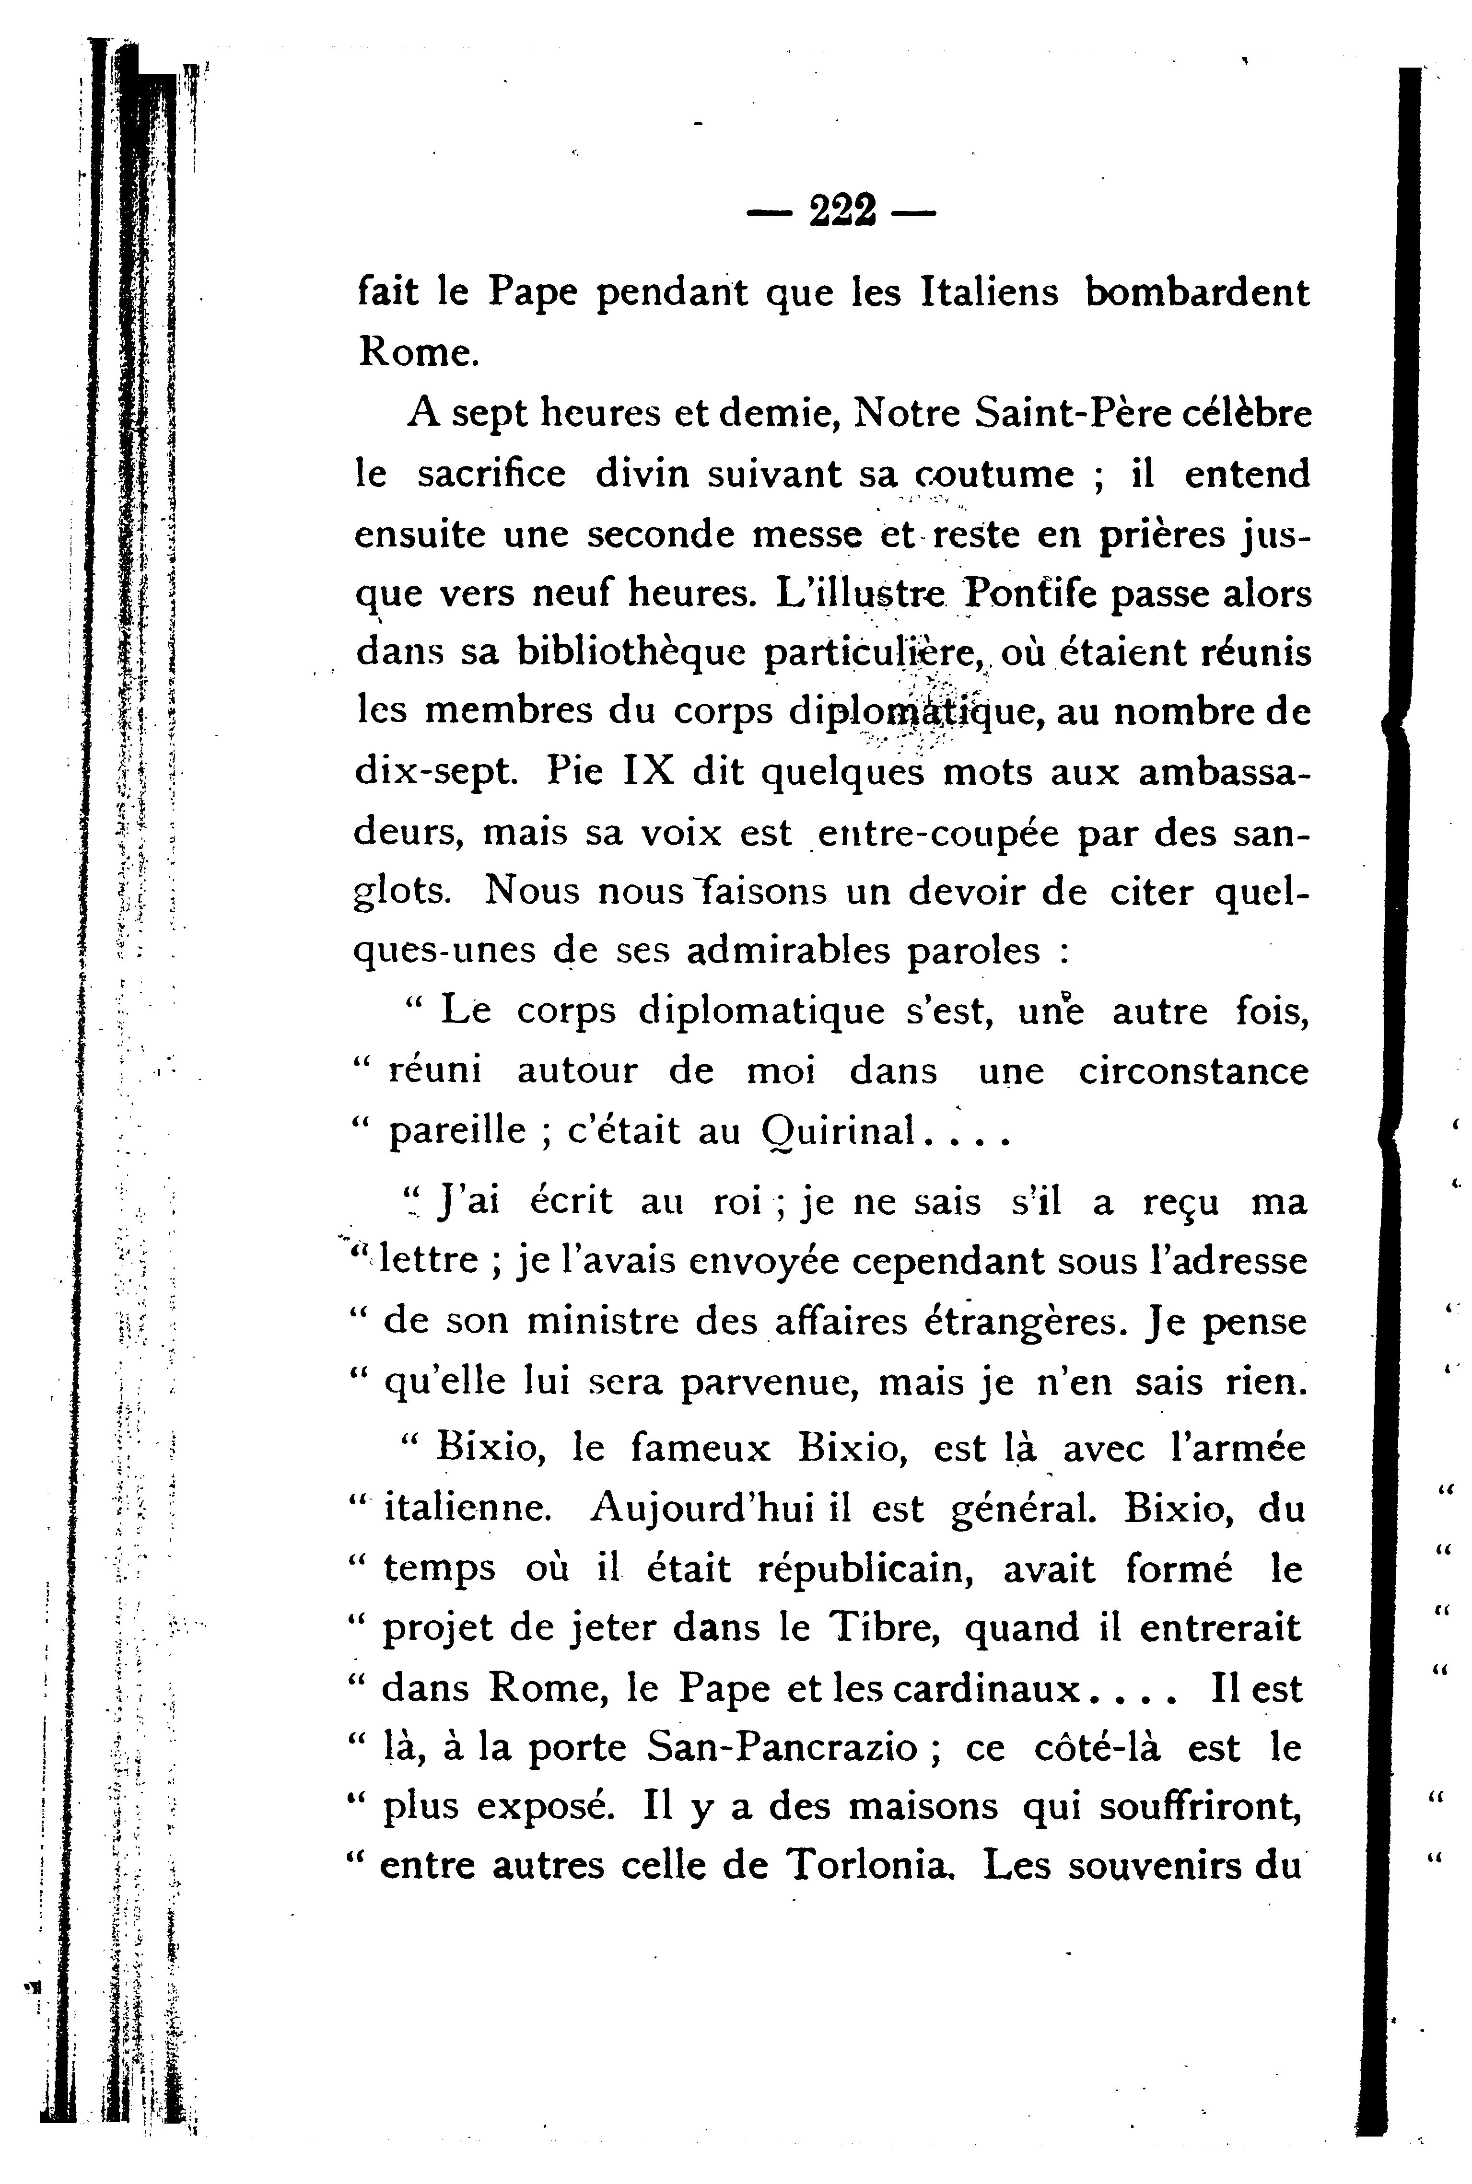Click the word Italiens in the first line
pyautogui.click(x=991, y=293)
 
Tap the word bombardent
pyautogui.click(x=1197, y=293)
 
